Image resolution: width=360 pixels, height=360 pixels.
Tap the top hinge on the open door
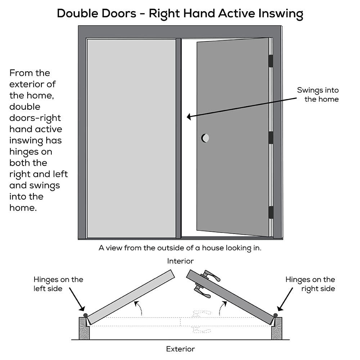coord(271,61)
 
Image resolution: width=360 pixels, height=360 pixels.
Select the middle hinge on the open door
coord(271,138)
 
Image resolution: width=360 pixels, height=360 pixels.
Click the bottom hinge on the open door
coord(271,212)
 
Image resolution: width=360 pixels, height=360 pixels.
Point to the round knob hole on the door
coord(205,138)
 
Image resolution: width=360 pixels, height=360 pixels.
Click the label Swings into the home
coord(318,95)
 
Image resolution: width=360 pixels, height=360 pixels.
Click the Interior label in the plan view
coord(180,261)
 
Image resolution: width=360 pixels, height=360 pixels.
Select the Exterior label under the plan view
coord(180,349)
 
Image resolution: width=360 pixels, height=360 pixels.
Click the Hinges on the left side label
coord(58,284)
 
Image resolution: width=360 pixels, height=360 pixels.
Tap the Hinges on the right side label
coord(310,284)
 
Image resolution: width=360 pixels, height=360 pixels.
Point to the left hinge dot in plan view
coord(85,315)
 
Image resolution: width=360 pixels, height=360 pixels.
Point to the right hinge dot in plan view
coord(275,315)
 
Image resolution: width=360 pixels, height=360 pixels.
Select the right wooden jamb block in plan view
coord(276,329)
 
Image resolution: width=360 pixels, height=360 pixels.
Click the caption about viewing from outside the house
coord(180,248)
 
